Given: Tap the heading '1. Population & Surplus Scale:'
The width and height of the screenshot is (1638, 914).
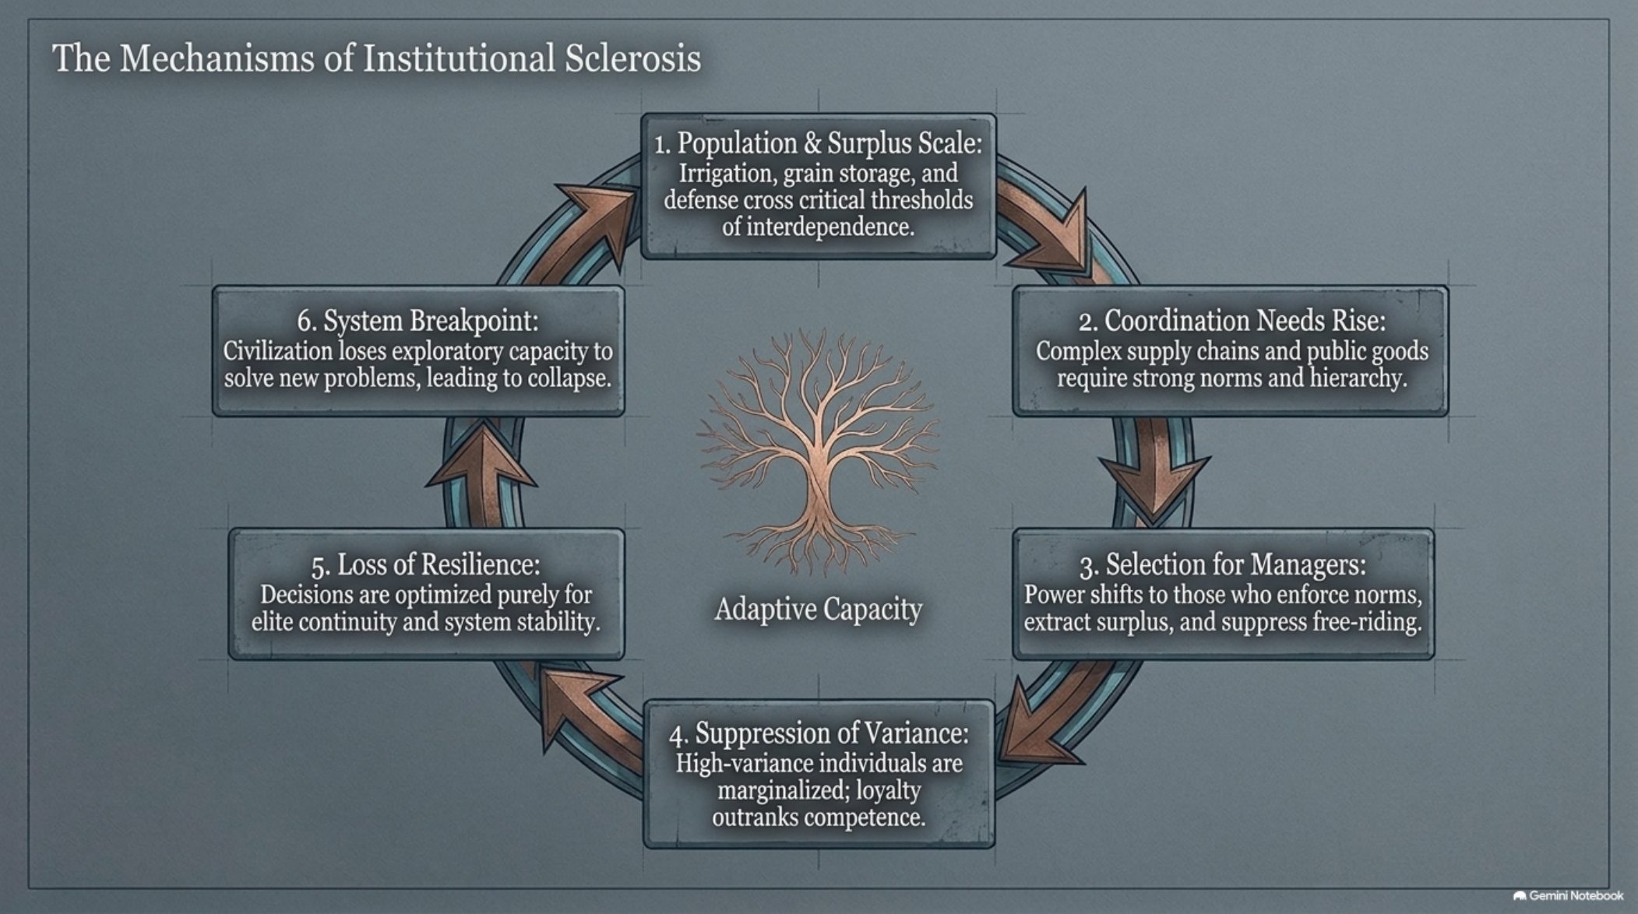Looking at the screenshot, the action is coord(818,143).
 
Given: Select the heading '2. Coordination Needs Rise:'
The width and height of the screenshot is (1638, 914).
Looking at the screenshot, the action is coord(1232,321).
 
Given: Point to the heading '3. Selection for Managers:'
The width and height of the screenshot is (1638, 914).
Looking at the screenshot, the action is coord(1223,564).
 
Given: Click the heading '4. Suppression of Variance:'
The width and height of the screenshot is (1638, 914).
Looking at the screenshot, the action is coord(819,733).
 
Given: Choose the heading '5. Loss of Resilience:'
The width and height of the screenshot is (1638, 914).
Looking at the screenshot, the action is coord(425,564).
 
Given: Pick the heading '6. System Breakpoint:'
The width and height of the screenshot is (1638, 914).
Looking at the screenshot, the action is coord(417,321).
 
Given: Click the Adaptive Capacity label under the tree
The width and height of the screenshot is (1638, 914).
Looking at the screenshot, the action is coord(818,610).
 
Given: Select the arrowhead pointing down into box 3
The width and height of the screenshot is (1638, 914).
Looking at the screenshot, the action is coord(1154,487).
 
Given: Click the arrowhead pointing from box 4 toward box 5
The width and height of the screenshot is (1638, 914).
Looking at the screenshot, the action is coord(572,705).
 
